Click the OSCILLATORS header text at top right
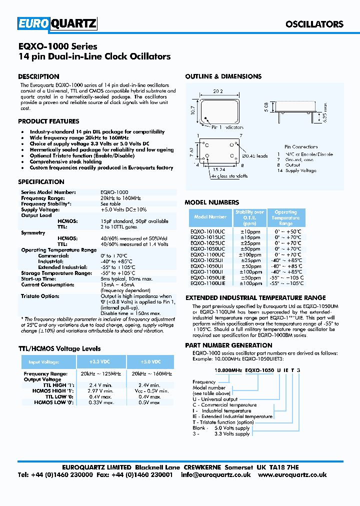314,24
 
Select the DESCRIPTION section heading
38,76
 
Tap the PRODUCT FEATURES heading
48,121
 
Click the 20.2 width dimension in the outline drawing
217,91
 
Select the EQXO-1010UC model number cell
207,231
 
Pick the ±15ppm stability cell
249,237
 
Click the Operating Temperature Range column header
286,218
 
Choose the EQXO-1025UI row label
207,260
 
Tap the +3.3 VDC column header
100,361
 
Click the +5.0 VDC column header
150,361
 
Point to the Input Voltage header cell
44,362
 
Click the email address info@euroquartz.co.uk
216,475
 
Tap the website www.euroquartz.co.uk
293,475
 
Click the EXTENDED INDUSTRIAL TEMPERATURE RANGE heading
255,297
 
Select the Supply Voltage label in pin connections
300,170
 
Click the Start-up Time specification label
38,279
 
